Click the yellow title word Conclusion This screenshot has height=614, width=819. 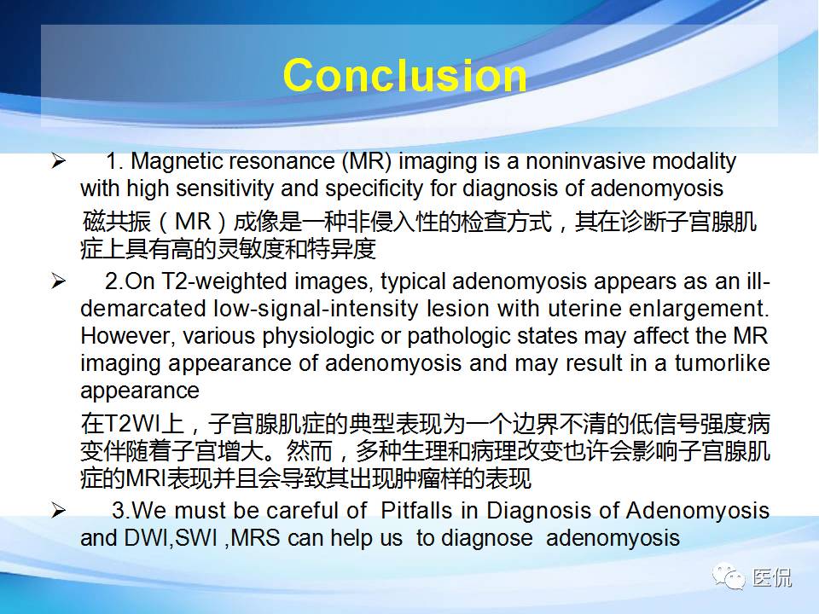pos(404,75)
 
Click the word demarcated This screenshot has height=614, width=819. pos(143,309)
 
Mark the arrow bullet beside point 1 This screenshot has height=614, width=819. pos(59,161)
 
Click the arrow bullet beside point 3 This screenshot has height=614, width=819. pos(59,510)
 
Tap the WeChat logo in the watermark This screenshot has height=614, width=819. pos(729,576)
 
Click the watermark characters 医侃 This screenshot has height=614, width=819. pos(772,577)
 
